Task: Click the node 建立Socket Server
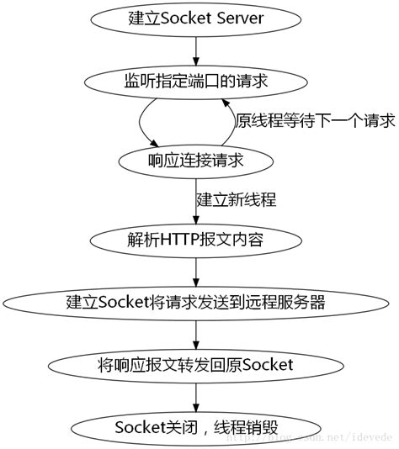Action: pyautogui.click(x=195, y=18)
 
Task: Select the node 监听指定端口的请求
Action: pyautogui.click(x=195, y=81)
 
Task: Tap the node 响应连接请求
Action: pyautogui.click(x=195, y=160)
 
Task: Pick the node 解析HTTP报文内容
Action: pyautogui.click(x=195, y=239)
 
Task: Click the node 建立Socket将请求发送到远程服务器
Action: pyautogui.click(x=195, y=302)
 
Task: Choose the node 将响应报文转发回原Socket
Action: pyautogui.click(x=195, y=365)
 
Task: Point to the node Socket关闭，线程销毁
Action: pyautogui.click(x=195, y=427)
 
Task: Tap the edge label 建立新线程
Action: pyautogui.click(x=237, y=200)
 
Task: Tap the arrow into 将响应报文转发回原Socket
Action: pyautogui.click(x=195, y=333)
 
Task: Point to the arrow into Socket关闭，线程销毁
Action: pyautogui.click(x=195, y=396)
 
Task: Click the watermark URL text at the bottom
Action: pyautogui.click(x=320, y=438)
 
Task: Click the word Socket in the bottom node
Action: pyautogui.click(x=137, y=427)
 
